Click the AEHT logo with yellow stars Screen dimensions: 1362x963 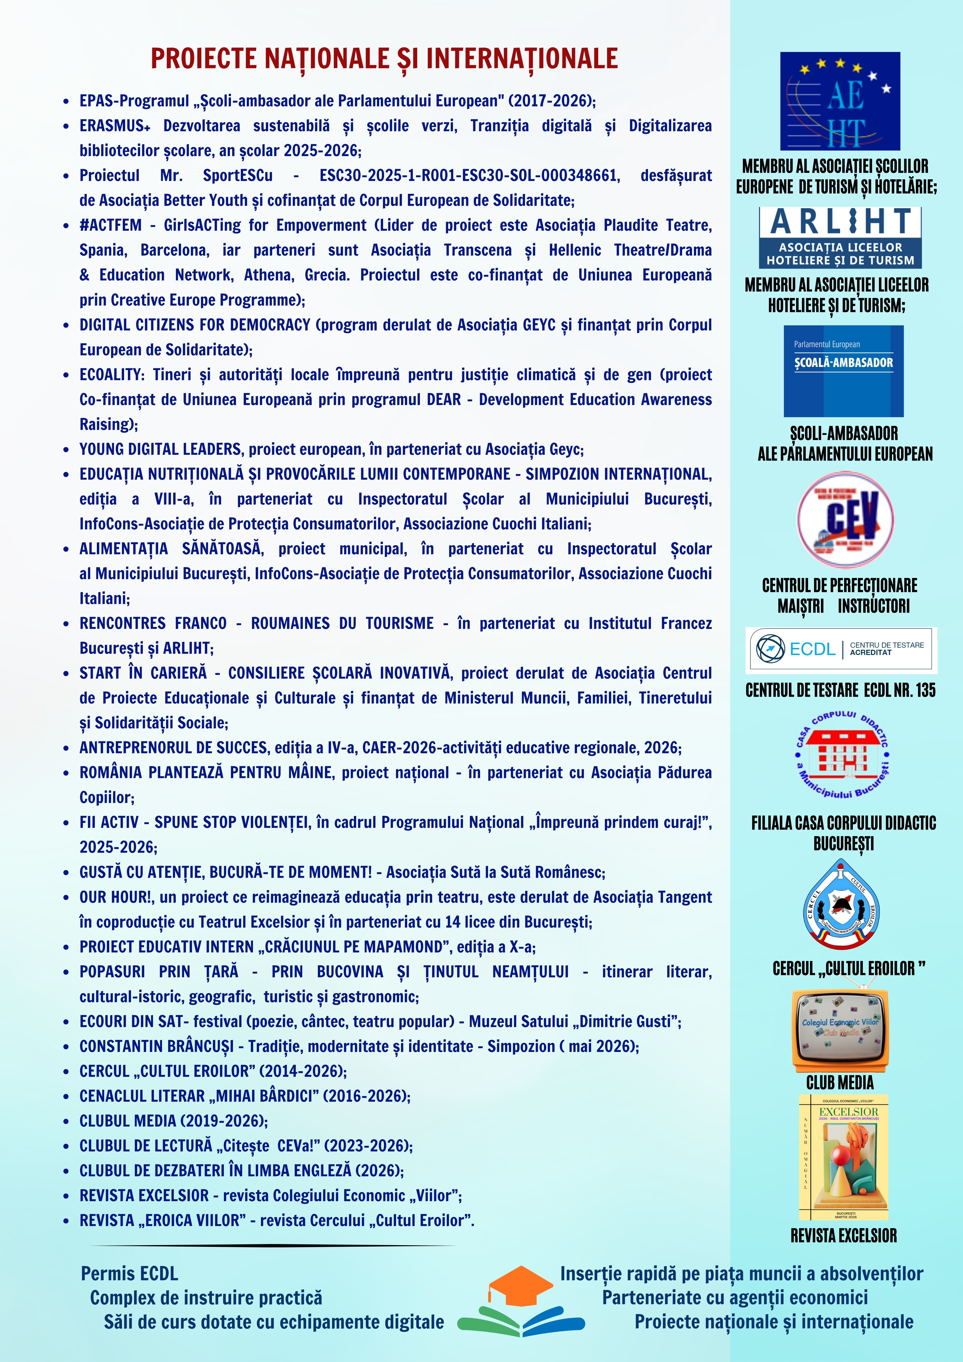840,101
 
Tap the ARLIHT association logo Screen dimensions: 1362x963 840,237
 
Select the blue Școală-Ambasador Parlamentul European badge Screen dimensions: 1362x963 843,371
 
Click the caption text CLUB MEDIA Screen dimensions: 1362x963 840,1082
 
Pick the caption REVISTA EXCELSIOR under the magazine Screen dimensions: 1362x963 843,1236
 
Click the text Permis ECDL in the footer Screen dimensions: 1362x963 129,1274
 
